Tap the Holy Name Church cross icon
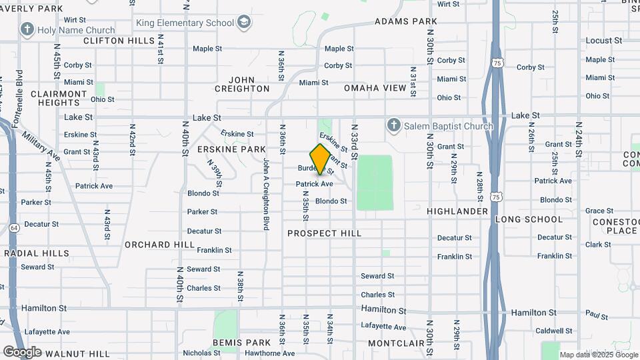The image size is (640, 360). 27,29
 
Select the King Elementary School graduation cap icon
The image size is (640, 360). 245,23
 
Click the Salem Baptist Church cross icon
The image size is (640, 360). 394,125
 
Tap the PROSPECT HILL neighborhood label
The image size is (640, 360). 325,233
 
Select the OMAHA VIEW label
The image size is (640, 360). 375,88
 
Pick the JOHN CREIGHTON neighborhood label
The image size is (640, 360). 243,84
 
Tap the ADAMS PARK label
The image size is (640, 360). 406,21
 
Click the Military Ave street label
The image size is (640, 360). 41,145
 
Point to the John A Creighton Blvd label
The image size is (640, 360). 265,194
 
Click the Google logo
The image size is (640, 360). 22,351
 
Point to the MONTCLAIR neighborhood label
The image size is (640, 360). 396,343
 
